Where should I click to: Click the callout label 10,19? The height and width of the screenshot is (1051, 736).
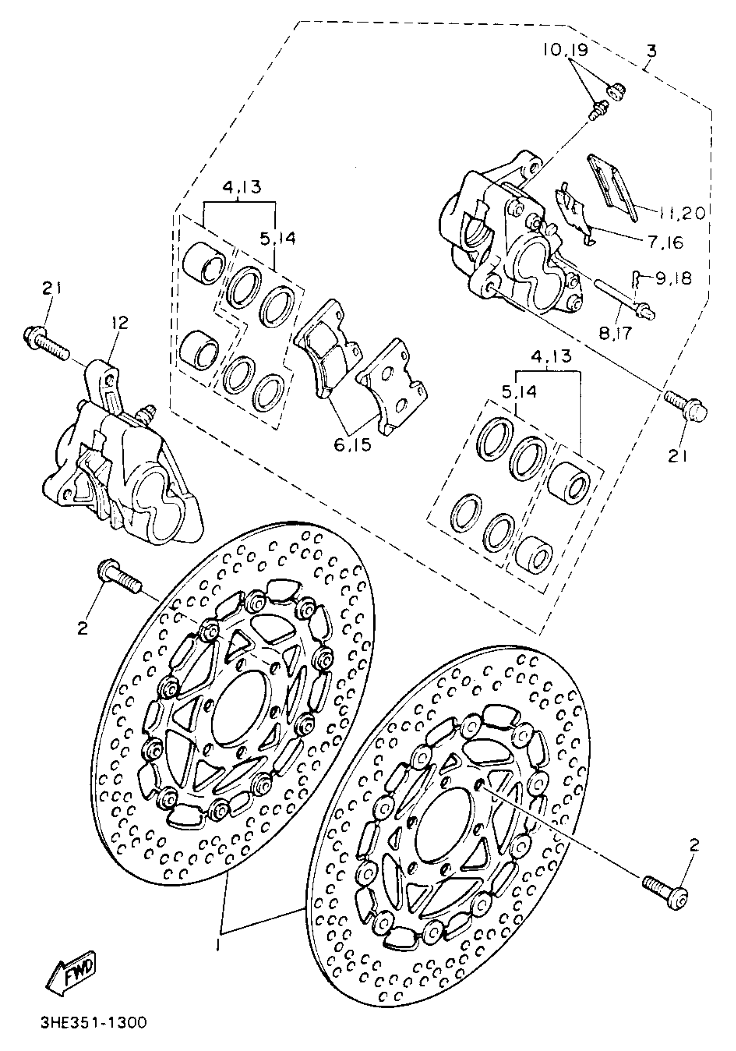coord(566,49)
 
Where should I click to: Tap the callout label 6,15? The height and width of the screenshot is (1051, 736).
coord(352,444)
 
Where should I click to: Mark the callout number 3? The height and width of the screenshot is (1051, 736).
coord(651,50)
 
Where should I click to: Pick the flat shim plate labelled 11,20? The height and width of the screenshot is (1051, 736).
coord(611,188)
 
